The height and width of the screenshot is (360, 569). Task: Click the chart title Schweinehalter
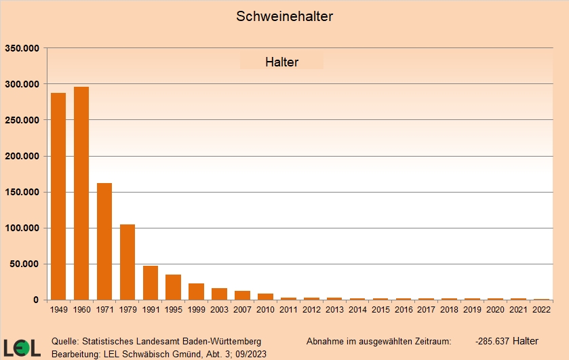tap(284, 16)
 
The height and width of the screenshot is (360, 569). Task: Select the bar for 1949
tap(58, 197)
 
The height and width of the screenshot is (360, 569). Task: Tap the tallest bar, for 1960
tap(81, 193)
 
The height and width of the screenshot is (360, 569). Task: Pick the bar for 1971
tap(104, 241)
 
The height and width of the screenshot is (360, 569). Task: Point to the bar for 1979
tap(127, 262)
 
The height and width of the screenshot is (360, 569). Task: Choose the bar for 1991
tap(151, 283)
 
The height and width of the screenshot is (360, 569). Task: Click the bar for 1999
tap(196, 292)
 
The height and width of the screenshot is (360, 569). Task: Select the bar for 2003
tap(219, 294)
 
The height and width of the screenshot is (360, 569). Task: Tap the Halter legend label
tap(281, 62)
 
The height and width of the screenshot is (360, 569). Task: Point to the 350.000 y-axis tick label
tap(23, 48)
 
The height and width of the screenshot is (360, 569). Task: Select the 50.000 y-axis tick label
tap(26, 264)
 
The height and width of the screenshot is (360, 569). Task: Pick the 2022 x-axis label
tap(541, 309)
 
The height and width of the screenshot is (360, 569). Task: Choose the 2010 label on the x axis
tap(265, 309)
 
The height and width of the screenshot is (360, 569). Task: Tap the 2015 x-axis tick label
tap(380, 309)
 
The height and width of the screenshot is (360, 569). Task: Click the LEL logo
tap(22, 346)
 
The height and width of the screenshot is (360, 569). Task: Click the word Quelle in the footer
tap(65, 341)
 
